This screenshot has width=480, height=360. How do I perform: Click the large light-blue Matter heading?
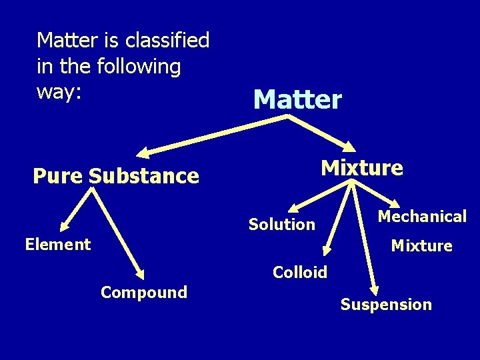[x=297, y=100]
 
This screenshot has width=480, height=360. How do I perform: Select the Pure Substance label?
[x=116, y=176]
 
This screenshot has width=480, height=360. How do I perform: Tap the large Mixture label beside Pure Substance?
[x=362, y=167]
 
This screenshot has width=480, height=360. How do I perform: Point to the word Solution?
[x=282, y=225]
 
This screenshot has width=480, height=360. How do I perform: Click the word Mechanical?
[x=422, y=216]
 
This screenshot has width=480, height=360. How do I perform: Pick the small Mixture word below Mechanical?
[x=421, y=246]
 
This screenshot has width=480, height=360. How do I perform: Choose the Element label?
[x=57, y=245]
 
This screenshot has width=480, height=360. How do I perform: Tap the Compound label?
[x=144, y=292]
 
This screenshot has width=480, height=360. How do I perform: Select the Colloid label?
[x=300, y=272]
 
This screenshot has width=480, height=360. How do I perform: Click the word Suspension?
[x=386, y=305]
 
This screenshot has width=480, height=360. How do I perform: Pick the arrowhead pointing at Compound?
[x=139, y=273]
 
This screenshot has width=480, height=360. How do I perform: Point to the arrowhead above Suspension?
[x=375, y=290]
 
